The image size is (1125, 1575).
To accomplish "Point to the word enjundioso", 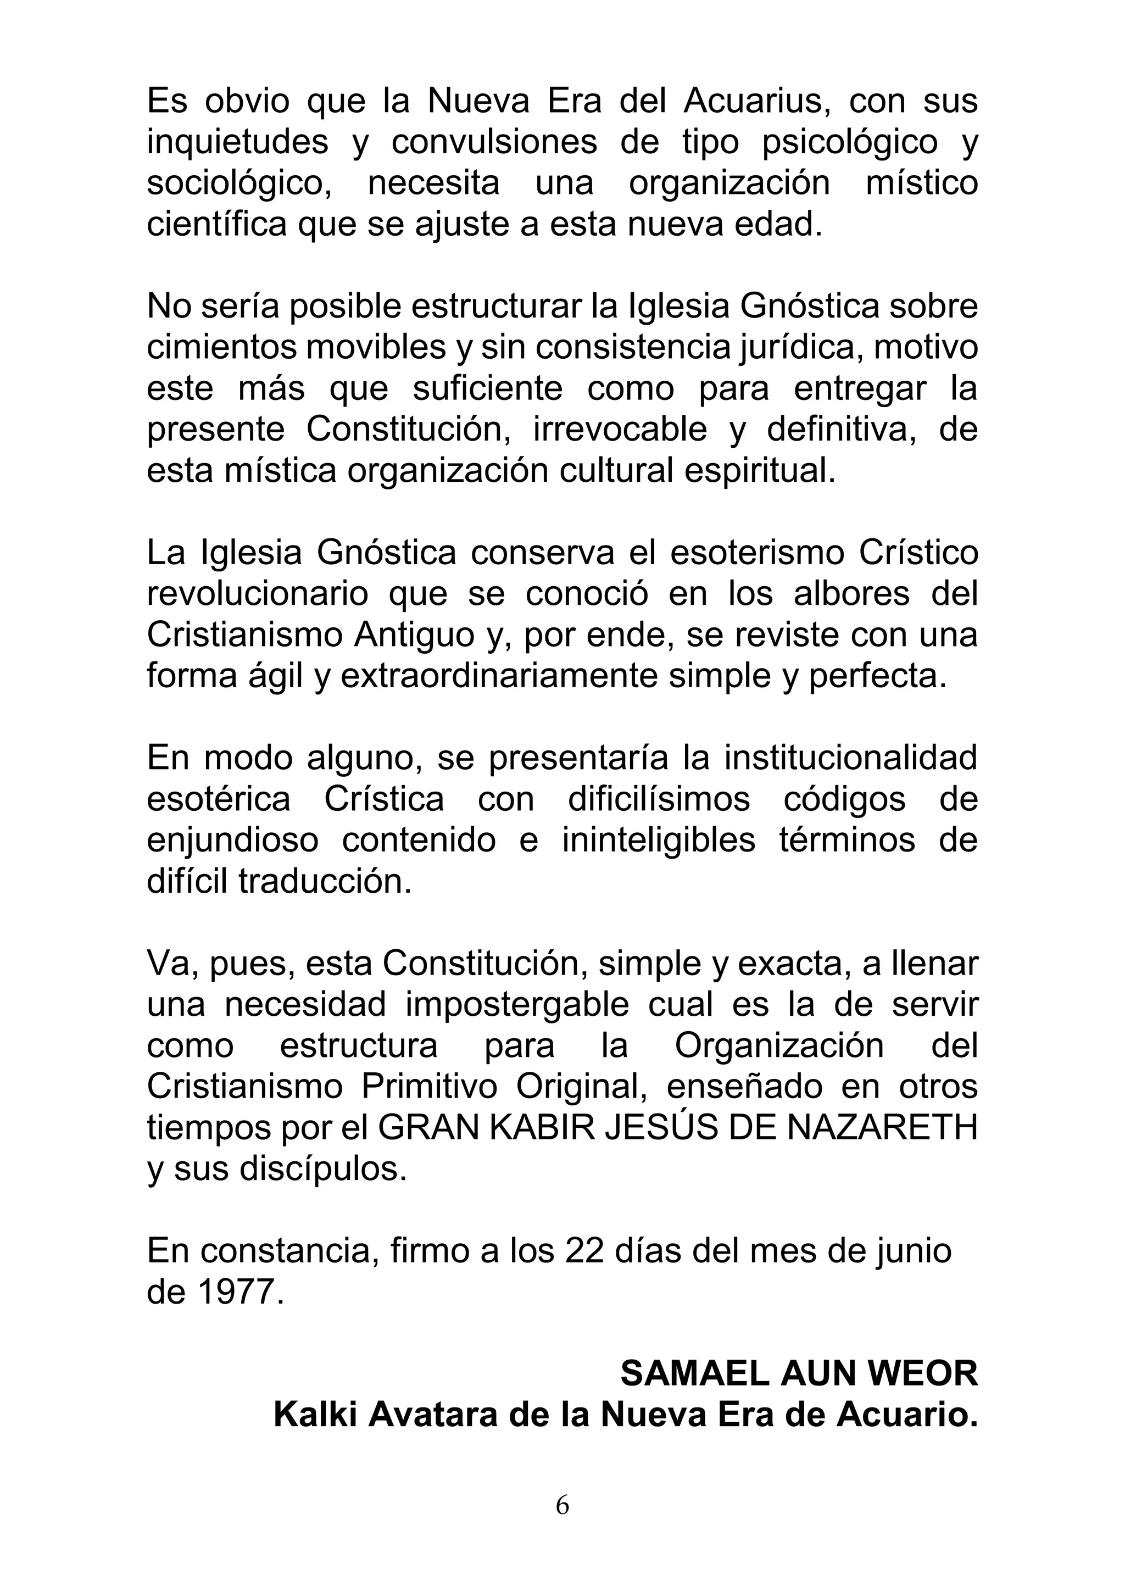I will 233,839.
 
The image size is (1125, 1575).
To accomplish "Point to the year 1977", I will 236,1291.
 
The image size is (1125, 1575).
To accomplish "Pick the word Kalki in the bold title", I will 315,1415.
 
